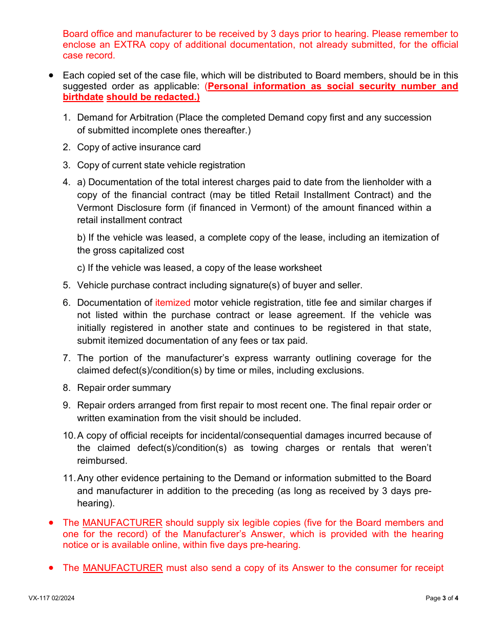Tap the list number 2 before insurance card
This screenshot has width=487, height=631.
tap(67, 147)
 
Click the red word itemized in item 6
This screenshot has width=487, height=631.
tap(173, 303)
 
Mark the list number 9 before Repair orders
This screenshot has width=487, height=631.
tap(67, 405)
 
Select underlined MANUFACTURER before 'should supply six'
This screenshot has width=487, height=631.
tap(123, 523)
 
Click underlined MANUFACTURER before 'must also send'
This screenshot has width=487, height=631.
tap(123, 568)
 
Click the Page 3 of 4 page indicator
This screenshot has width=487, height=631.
tap(442, 598)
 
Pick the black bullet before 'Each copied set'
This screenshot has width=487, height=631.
tap(51, 75)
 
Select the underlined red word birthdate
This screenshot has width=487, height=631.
tap(83, 97)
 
